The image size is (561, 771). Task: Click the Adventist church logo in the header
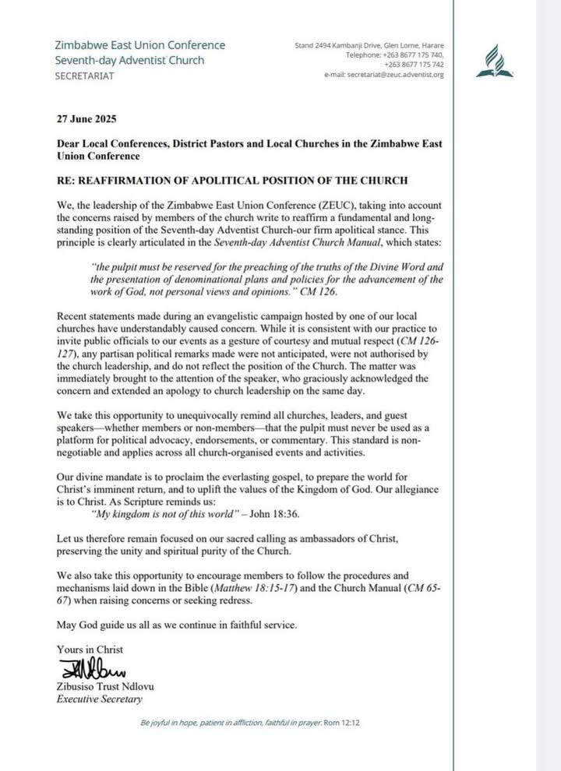(x=496, y=62)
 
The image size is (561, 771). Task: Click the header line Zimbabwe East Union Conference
(x=140, y=45)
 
